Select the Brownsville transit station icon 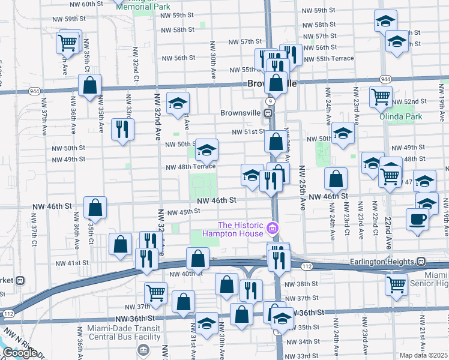pyautogui.click(x=270, y=113)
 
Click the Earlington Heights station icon pyautogui.click(x=421, y=262)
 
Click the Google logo pyautogui.click(x=20, y=352)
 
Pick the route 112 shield pyautogui.click(x=306, y=266)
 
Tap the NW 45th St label pyautogui.click(x=183, y=212)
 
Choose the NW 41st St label pyautogui.click(x=71, y=263)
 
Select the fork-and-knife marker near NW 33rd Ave pyautogui.click(x=122, y=129)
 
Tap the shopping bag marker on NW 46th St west pyautogui.click(x=95, y=208)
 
